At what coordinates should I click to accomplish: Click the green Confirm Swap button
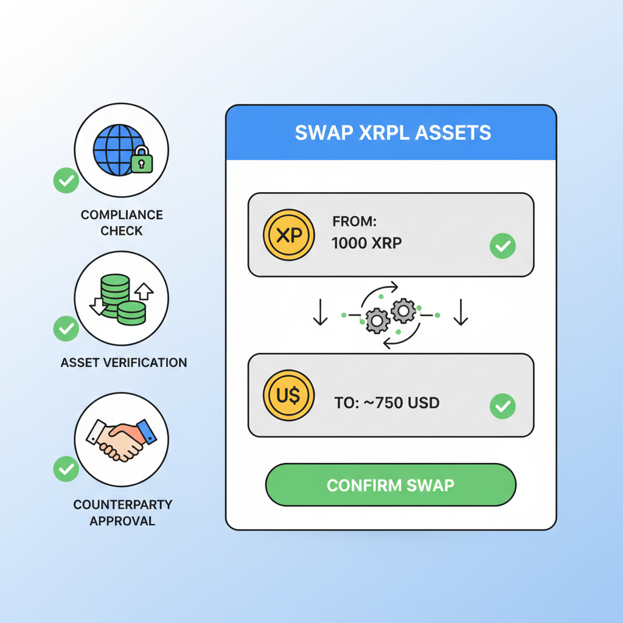[391, 486]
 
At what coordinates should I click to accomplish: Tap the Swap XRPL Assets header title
[392, 133]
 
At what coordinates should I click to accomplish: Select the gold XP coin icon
[288, 235]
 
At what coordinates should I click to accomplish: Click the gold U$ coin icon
[288, 395]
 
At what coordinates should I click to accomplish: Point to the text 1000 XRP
[366, 243]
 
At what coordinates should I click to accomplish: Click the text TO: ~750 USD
[387, 403]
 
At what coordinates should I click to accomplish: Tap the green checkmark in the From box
[503, 246]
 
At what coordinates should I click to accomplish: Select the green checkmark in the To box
[503, 406]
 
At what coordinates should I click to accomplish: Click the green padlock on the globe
[142, 160]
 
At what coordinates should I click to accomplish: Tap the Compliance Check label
[122, 223]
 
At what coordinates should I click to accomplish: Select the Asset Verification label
[124, 363]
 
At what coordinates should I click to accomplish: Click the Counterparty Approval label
[122, 513]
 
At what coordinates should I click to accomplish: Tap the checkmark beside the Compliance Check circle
[66, 181]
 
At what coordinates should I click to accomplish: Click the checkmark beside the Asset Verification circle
[66, 329]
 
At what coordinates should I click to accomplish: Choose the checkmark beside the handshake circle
[66, 469]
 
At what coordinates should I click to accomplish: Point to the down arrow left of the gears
[320, 312]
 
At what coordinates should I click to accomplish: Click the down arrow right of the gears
[461, 312]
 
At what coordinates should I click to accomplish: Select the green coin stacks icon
[120, 298]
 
